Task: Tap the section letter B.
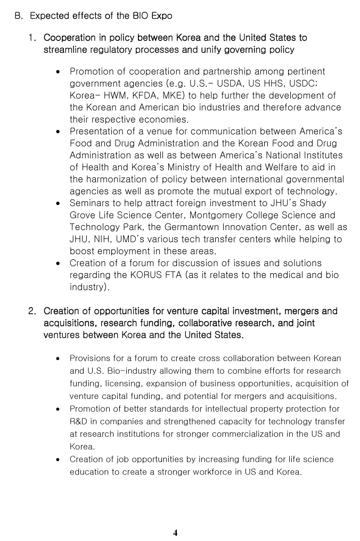(x=18, y=16)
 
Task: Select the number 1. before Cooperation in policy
(x=33, y=38)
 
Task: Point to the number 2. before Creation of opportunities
(x=33, y=311)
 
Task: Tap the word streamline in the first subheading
(x=66, y=50)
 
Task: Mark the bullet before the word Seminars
(x=58, y=203)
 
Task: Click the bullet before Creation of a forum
(x=58, y=264)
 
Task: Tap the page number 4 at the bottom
(x=175, y=533)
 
